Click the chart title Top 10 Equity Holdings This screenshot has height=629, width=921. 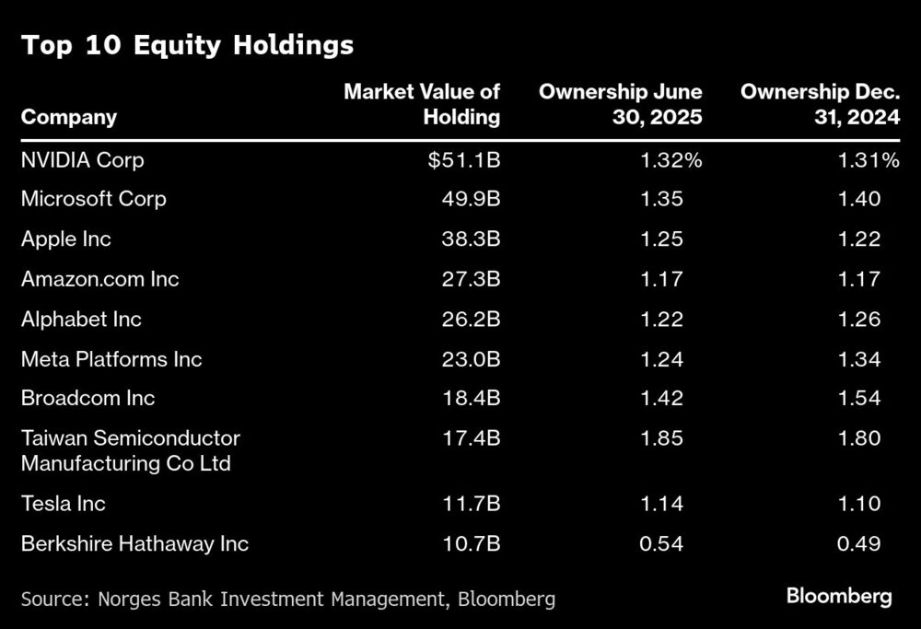click(x=187, y=46)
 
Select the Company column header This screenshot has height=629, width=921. click(x=69, y=117)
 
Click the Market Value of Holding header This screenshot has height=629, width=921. click(x=422, y=104)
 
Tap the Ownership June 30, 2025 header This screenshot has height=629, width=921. click(x=620, y=104)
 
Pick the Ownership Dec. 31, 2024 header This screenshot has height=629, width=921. click(x=820, y=104)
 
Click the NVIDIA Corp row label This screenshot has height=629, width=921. click(x=82, y=160)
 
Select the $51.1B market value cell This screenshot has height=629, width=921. click(x=463, y=160)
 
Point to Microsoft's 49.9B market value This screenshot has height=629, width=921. click(x=469, y=199)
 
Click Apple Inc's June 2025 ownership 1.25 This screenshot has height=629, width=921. click(x=661, y=239)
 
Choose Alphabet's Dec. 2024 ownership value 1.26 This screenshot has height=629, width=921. click(x=859, y=320)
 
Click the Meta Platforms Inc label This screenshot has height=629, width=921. click(x=111, y=359)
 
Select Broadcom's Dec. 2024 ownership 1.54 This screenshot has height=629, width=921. click(x=859, y=399)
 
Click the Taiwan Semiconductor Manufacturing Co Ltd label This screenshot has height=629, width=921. click(x=130, y=450)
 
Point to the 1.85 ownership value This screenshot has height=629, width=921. click(x=661, y=438)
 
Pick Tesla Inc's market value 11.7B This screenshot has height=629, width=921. click(x=470, y=504)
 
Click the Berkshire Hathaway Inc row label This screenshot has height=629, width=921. click(x=134, y=543)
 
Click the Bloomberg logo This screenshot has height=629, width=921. click(x=839, y=597)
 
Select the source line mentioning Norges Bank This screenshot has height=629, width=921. click(x=287, y=600)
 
